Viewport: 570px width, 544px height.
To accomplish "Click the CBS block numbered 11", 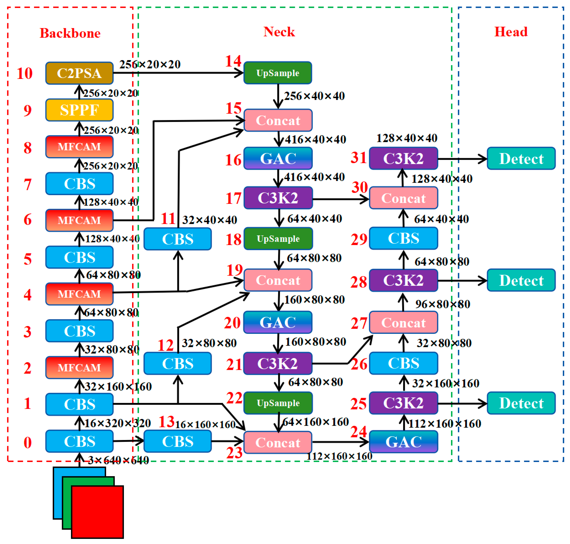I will click(x=177, y=239).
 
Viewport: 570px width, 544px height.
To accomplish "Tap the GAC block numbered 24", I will click(x=403, y=442).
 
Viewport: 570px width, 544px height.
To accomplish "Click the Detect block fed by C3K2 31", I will click(x=521, y=158).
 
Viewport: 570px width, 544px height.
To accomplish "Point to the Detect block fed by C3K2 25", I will click(x=521, y=403).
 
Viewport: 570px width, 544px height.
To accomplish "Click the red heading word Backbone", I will click(x=70, y=33).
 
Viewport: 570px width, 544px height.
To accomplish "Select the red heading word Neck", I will click(x=279, y=32).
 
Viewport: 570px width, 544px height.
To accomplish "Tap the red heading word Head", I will click(x=511, y=32).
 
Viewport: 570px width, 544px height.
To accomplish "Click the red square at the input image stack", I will click(x=97, y=512).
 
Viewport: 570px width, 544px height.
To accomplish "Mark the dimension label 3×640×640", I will click(x=118, y=460).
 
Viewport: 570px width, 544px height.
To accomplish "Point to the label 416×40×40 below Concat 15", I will click(x=315, y=139).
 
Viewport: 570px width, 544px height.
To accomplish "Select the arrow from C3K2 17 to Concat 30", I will click(x=340, y=199).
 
